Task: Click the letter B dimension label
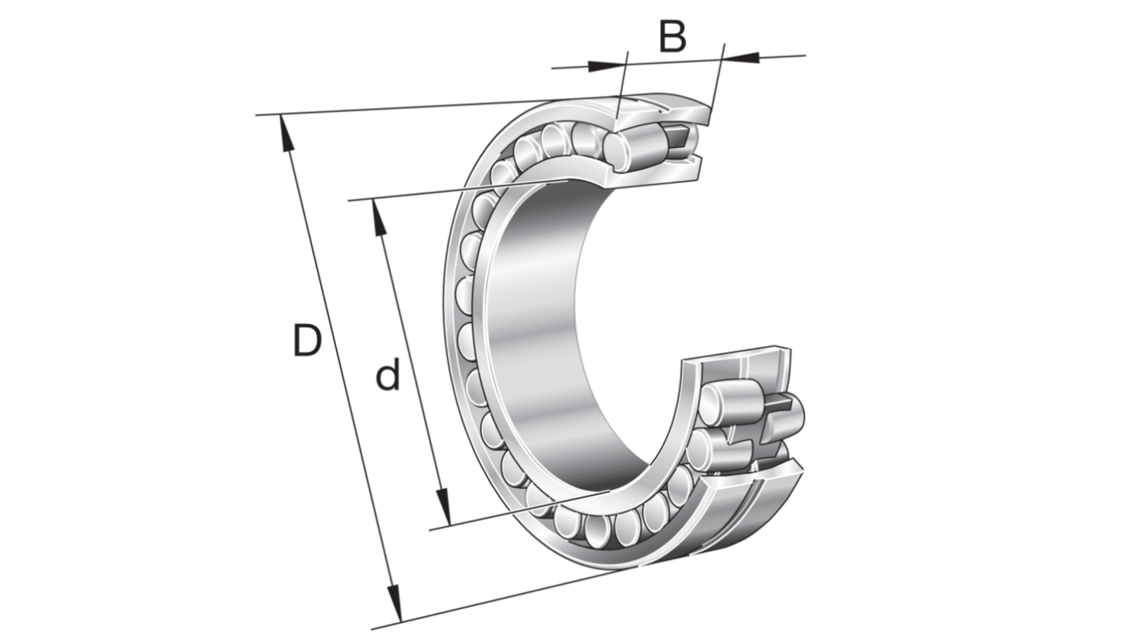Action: pyautogui.click(x=672, y=36)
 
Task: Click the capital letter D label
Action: pyautogui.click(x=307, y=340)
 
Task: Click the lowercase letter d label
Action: pyautogui.click(x=388, y=374)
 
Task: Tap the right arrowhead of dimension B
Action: pyautogui.click(x=741, y=56)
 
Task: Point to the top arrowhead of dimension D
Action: pyautogui.click(x=286, y=133)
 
